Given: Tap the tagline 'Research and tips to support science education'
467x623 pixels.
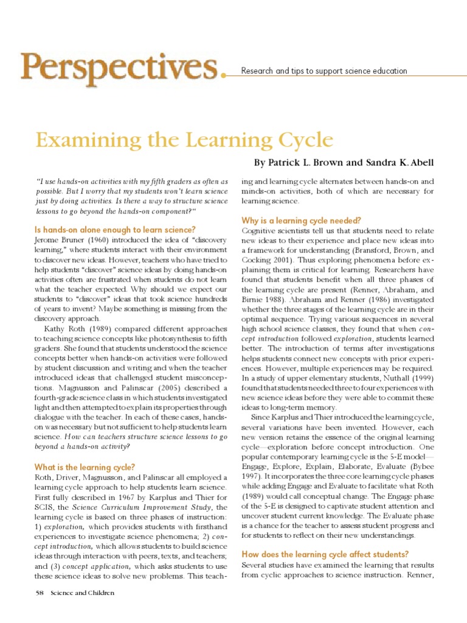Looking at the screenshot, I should pos(324,71).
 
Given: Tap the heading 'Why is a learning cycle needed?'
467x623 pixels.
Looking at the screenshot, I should pos(302,220).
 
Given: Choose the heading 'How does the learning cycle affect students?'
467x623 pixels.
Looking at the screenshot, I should pos(325,554).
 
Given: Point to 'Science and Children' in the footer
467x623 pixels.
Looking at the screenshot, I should pos(82,593).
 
